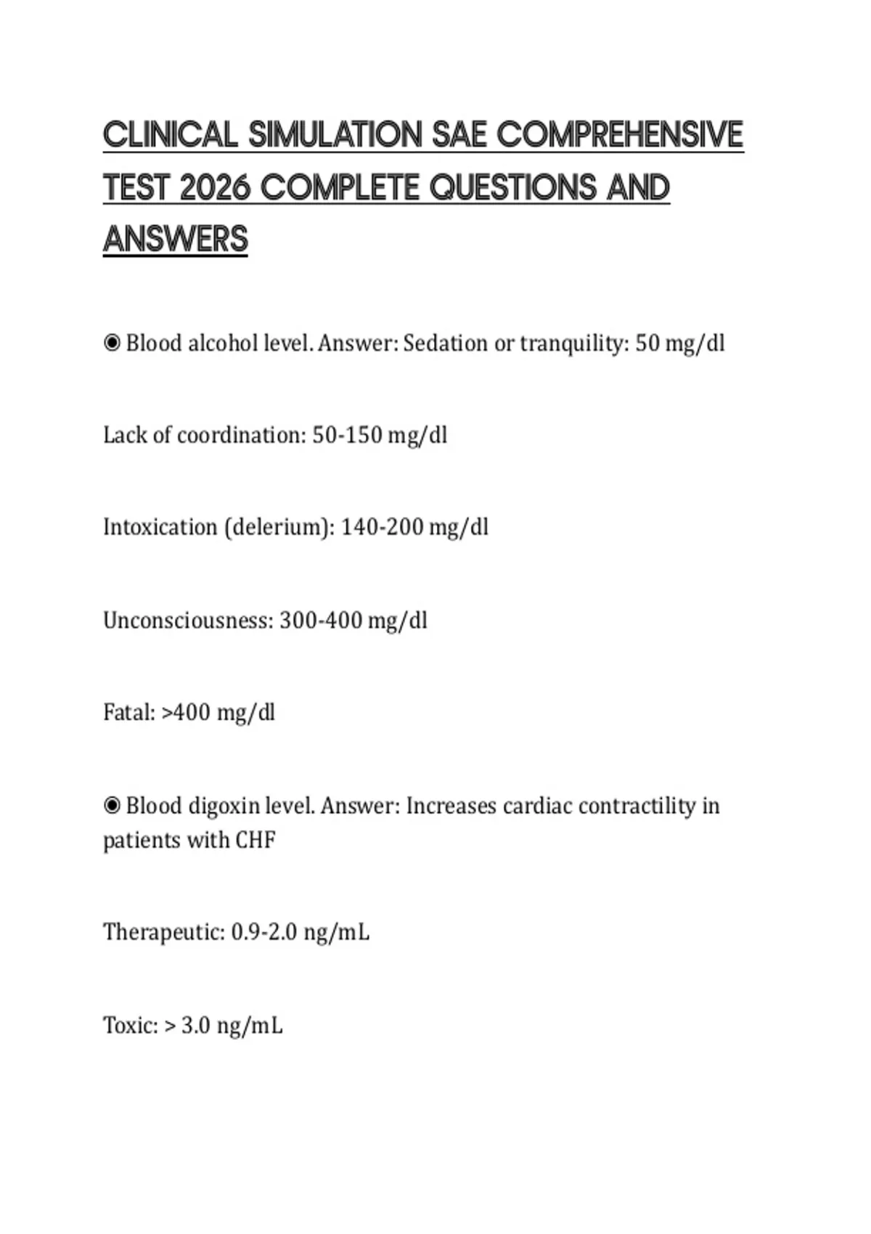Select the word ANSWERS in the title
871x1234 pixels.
[x=176, y=240]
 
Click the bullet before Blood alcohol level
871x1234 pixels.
[x=112, y=343]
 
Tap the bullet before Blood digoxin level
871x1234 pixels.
[x=112, y=806]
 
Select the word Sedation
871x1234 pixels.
[x=446, y=343]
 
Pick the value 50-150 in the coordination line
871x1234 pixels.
[x=347, y=435]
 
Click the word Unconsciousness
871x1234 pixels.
[x=188, y=620]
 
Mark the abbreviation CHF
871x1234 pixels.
[x=255, y=840]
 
